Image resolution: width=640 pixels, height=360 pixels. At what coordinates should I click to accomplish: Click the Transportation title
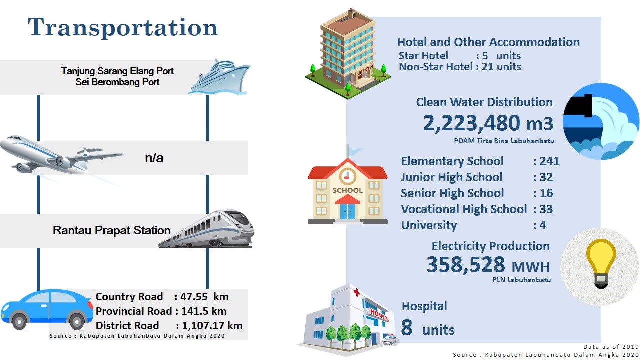(123, 27)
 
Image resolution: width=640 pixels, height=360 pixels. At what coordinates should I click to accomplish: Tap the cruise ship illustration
(219, 77)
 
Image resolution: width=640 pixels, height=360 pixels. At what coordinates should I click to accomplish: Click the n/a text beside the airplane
(154, 158)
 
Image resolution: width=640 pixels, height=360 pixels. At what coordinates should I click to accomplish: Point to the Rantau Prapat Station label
(111, 230)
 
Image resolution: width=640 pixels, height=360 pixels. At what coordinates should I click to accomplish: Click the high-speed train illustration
(207, 229)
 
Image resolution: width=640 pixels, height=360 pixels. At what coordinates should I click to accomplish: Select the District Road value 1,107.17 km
(212, 325)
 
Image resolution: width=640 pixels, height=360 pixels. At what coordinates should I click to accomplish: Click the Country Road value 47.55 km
(204, 297)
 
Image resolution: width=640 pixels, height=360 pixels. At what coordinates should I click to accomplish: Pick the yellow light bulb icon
(601, 263)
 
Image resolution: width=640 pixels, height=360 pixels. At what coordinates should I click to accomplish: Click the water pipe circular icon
(601, 121)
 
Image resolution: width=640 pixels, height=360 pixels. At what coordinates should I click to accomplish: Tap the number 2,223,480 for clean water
(471, 123)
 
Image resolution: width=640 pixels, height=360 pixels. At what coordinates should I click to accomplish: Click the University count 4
(543, 225)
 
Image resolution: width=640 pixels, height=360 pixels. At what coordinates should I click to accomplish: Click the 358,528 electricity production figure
(466, 265)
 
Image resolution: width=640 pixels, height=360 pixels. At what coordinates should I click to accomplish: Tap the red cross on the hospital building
(356, 292)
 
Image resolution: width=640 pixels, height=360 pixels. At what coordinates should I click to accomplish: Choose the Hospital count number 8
(407, 327)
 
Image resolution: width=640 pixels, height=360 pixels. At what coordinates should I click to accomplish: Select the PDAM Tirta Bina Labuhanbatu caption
(504, 141)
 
